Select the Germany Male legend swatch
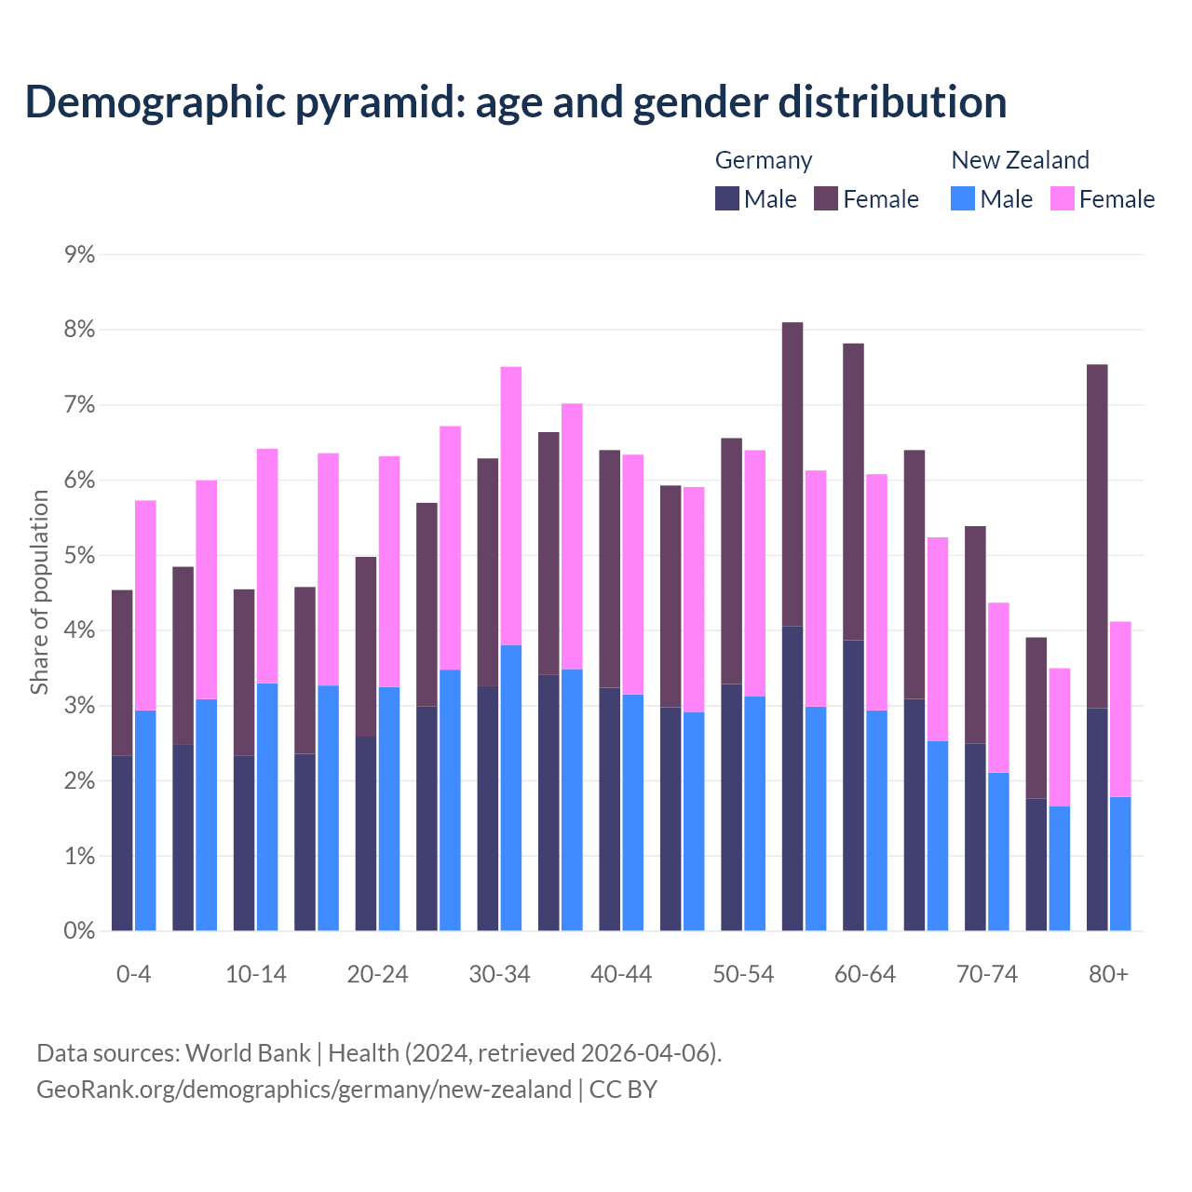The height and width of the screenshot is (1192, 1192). tap(727, 198)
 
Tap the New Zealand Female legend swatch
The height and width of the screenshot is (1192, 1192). tap(1062, 198)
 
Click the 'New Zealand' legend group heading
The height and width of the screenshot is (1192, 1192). tap(1020, 160)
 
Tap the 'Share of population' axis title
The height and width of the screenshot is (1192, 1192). tap(39, 592)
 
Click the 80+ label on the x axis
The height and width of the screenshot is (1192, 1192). tap(1108, 974)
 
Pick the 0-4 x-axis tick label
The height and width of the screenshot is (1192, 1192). tap(133, 974)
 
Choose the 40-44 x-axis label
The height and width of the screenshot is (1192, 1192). tap(621, 974)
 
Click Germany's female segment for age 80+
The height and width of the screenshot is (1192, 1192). tap(1097, 535)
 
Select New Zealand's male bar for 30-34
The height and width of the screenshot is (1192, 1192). tap(511, 788)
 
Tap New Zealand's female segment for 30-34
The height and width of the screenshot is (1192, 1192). tap(511, 506)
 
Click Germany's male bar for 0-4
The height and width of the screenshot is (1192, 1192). tap(122, 843)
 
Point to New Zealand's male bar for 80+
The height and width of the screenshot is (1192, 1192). tap(1120, 863)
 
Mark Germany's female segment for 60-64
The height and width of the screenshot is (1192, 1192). tap(853, 492)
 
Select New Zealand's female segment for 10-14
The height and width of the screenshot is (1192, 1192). tap(267, 566)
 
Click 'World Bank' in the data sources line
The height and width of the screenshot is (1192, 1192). tap(248, 1053)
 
